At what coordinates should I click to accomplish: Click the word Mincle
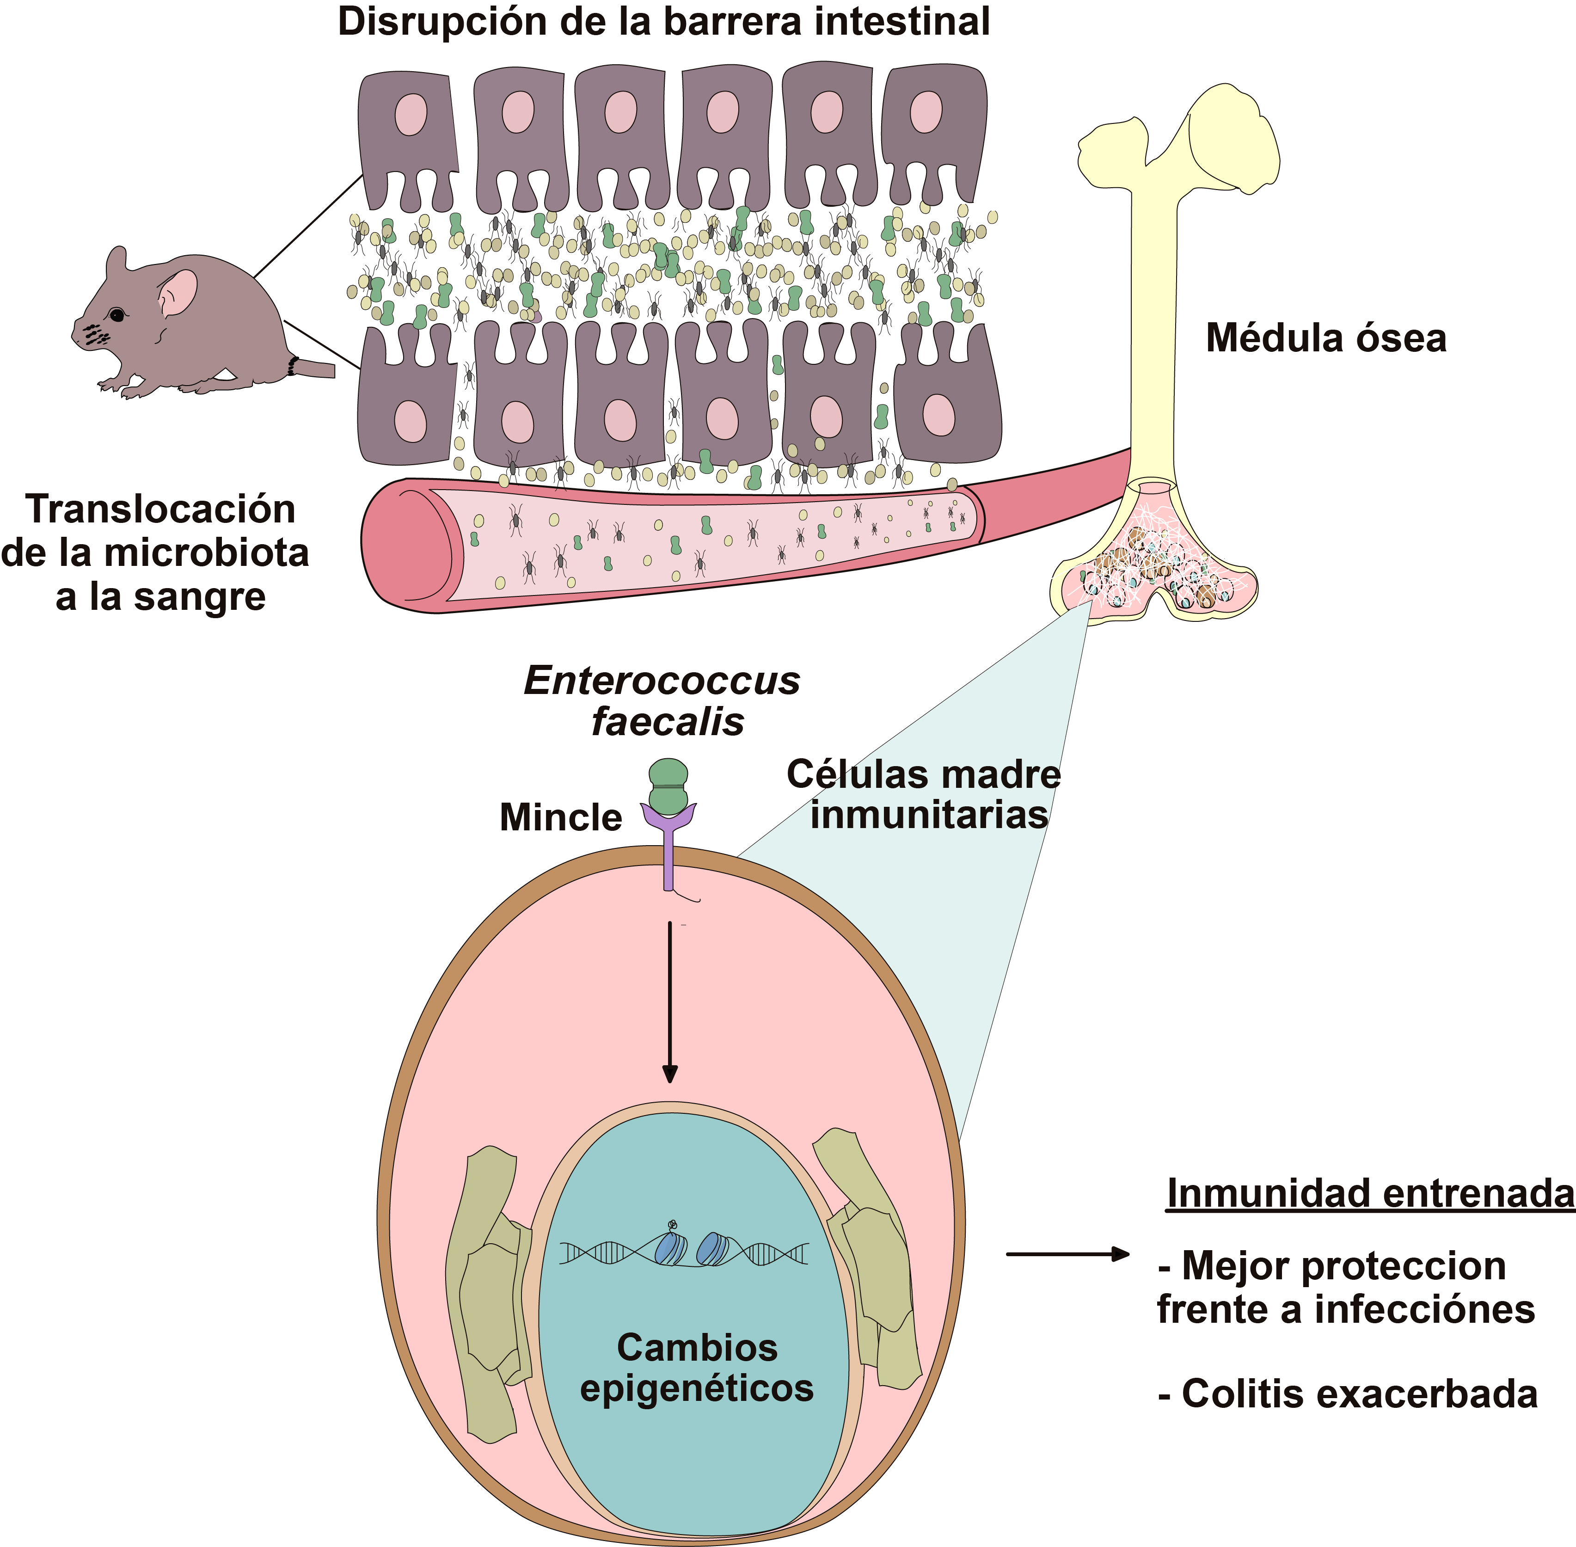pyautogui.click(x=560, y=817)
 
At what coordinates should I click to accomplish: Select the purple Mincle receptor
pyautogui.click(x=668, y=846)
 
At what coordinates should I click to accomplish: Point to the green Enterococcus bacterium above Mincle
pyautogui.click(x=668, y=786)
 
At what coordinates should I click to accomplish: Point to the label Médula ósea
pyautogui.click(x=1326, y=338)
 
